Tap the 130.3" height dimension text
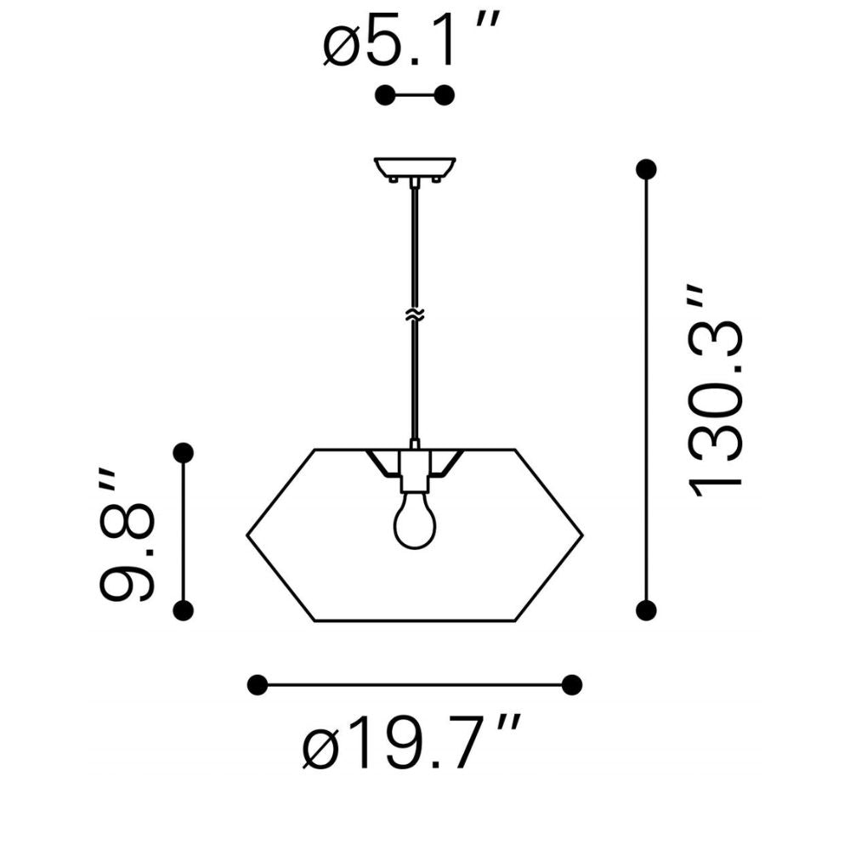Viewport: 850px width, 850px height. [x=716, y=390]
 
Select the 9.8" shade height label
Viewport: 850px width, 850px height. [x=127, y=534]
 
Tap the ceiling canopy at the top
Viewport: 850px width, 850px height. [x=415, y=169]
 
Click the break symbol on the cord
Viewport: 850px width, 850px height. [x=415, y=314]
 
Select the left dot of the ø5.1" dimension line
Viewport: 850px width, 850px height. [x=385, y=95]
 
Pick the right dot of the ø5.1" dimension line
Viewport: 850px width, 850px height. [x=445, y=95]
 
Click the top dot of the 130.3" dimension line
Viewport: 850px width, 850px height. [x=646, y=169]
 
